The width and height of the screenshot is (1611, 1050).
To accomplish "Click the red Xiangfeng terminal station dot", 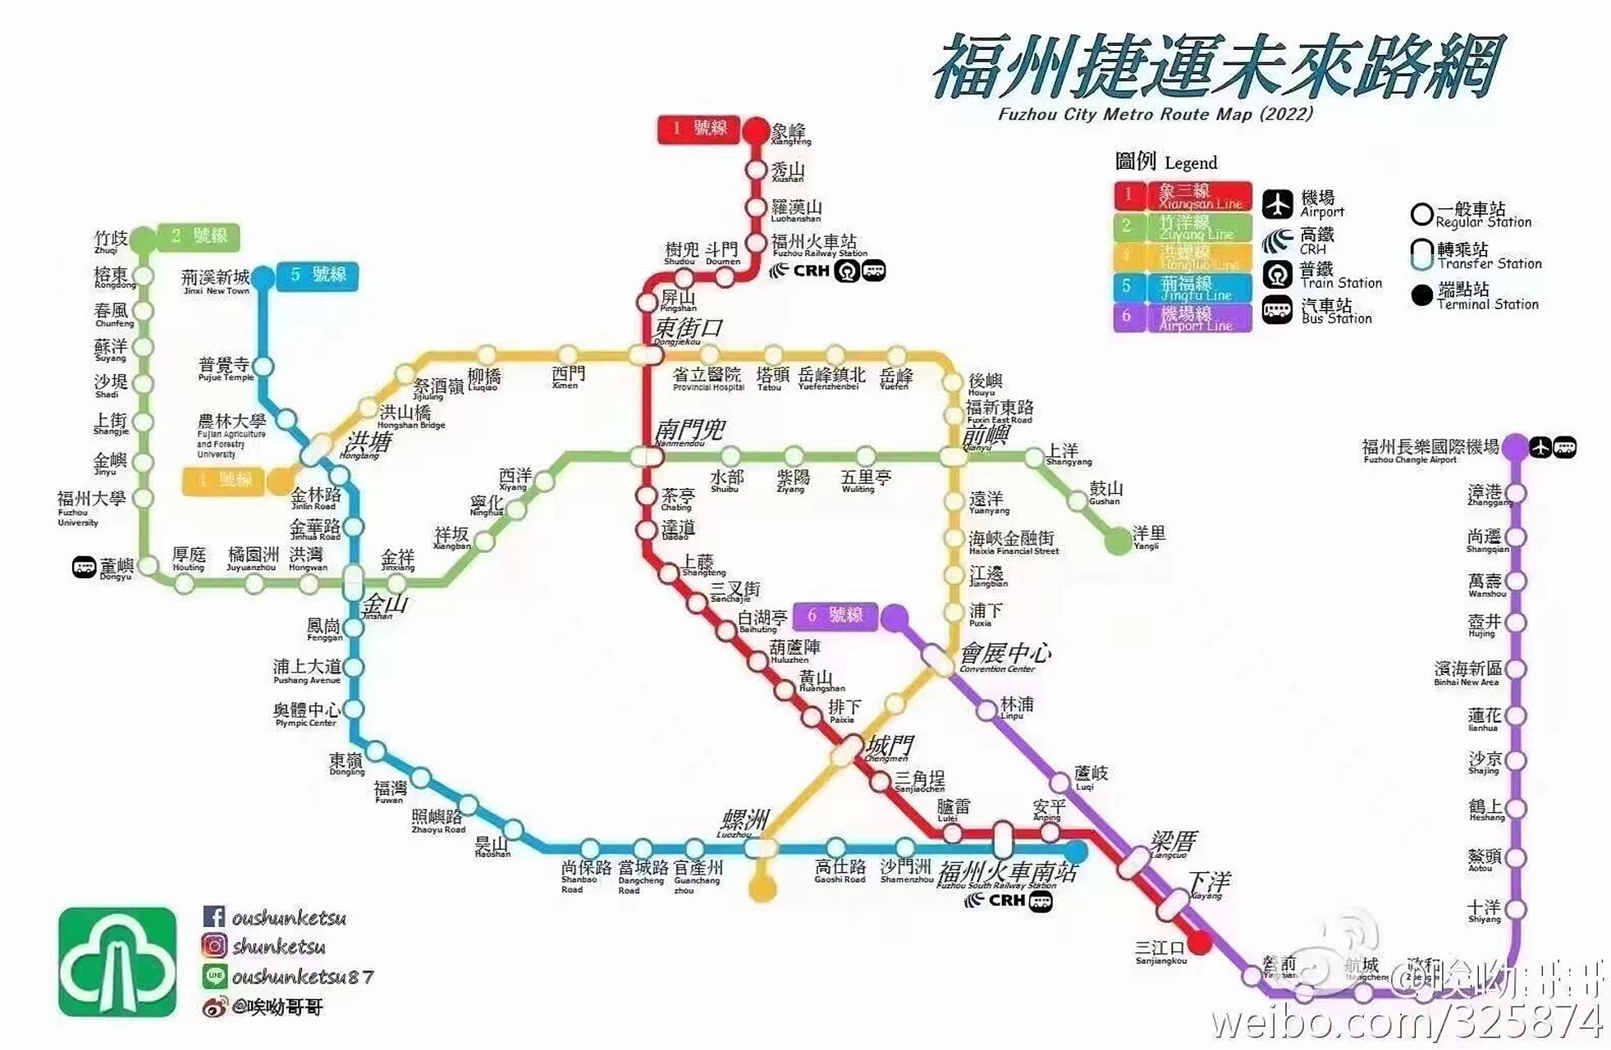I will [x=756, y=131].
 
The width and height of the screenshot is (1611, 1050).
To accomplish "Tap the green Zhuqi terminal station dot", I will [x=144, y=240].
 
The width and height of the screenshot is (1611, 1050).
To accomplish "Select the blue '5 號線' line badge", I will [x=318, y=276].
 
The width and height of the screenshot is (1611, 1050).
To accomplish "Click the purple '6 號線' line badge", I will [x=835, y=616].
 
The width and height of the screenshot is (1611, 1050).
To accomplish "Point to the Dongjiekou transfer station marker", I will [x=646, y=355].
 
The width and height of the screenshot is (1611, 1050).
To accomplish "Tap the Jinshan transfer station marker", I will [x=353, y=583].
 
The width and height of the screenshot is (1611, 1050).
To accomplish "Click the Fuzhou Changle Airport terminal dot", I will [x=1515, y=447].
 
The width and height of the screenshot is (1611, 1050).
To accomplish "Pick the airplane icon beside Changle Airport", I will [x=1540, y=448].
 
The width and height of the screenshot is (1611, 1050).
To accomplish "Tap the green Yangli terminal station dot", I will [x=1118, y=541].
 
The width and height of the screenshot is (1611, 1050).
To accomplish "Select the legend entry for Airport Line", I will [x=1183, y=318].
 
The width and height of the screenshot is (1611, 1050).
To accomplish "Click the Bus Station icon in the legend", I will [x=1277, y=311].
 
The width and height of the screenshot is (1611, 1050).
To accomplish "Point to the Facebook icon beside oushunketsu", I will [x=213, y=916].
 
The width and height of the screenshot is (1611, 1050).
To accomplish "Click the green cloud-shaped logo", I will [x=117, y=962].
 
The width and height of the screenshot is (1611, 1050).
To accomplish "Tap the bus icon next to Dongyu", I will [x=84, y=567].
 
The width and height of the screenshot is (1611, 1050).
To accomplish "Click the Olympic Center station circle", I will [x=353, y=710].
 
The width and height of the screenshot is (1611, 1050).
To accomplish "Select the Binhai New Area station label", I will [x=1468, y=673].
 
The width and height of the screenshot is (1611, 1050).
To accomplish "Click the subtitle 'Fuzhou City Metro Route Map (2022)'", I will [x=1155, y=114].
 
